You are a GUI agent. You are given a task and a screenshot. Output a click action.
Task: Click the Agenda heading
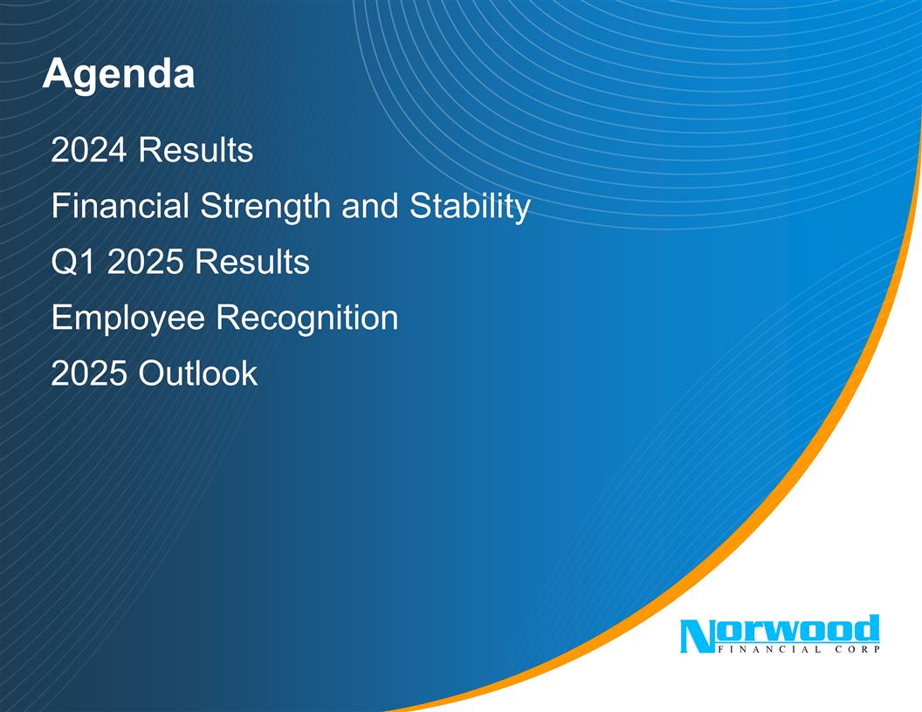[118, 76]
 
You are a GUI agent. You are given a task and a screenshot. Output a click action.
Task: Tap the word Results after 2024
[196, 152]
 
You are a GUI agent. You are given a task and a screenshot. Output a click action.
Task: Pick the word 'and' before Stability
[368, 208]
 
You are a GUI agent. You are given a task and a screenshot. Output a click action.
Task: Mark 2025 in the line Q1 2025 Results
[146, 262]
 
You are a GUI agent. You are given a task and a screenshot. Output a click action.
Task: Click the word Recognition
[306, 318]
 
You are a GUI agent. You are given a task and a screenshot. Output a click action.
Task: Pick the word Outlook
[197, 373]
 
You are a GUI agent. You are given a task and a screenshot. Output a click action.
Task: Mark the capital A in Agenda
[55, 74]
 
